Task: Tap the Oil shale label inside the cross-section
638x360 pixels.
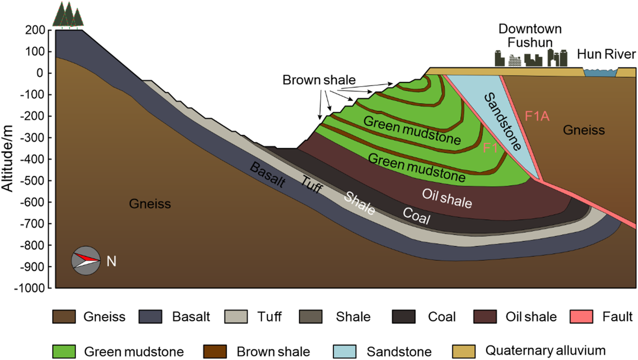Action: tap(447, 197)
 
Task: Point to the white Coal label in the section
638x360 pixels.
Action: tap(416, 216)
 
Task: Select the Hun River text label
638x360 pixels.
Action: tap(606, 54)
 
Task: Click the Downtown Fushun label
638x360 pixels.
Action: tap(530, 35)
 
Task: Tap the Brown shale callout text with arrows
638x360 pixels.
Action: tap(319, 80)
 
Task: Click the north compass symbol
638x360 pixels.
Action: tap(84, 259)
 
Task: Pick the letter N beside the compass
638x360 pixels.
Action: tap(111, 261)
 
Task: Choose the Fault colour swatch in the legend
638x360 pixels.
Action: tap(584, 317)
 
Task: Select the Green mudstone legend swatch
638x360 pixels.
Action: tap(64, 351)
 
